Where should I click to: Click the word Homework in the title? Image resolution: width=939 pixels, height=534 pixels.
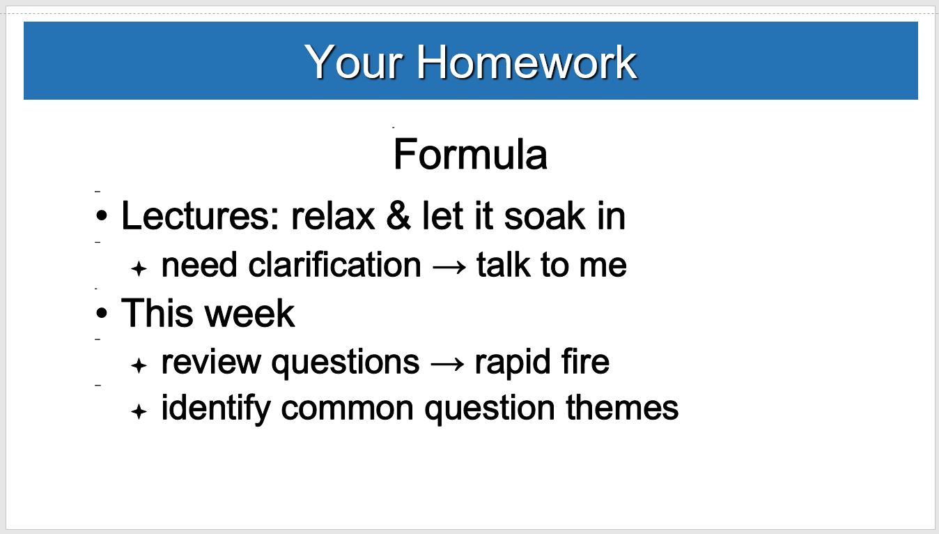[x=527, y=62]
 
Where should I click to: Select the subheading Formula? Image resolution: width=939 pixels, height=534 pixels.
[x=470, y=154]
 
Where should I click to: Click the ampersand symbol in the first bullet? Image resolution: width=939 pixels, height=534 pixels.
[x=398, y=215]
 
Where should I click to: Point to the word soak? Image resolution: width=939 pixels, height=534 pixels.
[x=544, y=216]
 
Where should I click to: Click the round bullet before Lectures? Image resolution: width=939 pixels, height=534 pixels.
[x=102, y=216]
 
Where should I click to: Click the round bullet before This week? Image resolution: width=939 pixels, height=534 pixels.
[x=102, y=313]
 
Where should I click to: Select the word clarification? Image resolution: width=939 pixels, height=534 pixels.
[x=334, y=265]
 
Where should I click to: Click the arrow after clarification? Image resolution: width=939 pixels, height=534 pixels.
[x=449, y=267]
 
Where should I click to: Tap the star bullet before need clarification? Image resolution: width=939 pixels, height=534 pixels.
[x=139, y=268]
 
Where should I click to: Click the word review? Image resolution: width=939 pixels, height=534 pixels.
[x=211, y=362]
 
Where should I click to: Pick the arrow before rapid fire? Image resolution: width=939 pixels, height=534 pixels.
[x=447, y=364]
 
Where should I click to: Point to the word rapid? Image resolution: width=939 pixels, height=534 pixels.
[x=513, y=362]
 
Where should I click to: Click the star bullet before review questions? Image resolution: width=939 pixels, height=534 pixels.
[x=139, y=365]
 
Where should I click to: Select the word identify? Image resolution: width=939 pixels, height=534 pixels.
[x=216, y=408]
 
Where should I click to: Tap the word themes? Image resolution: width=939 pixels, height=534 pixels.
[x=622, y=407]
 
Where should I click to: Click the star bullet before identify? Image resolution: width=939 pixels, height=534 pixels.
[x=139, y=411]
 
